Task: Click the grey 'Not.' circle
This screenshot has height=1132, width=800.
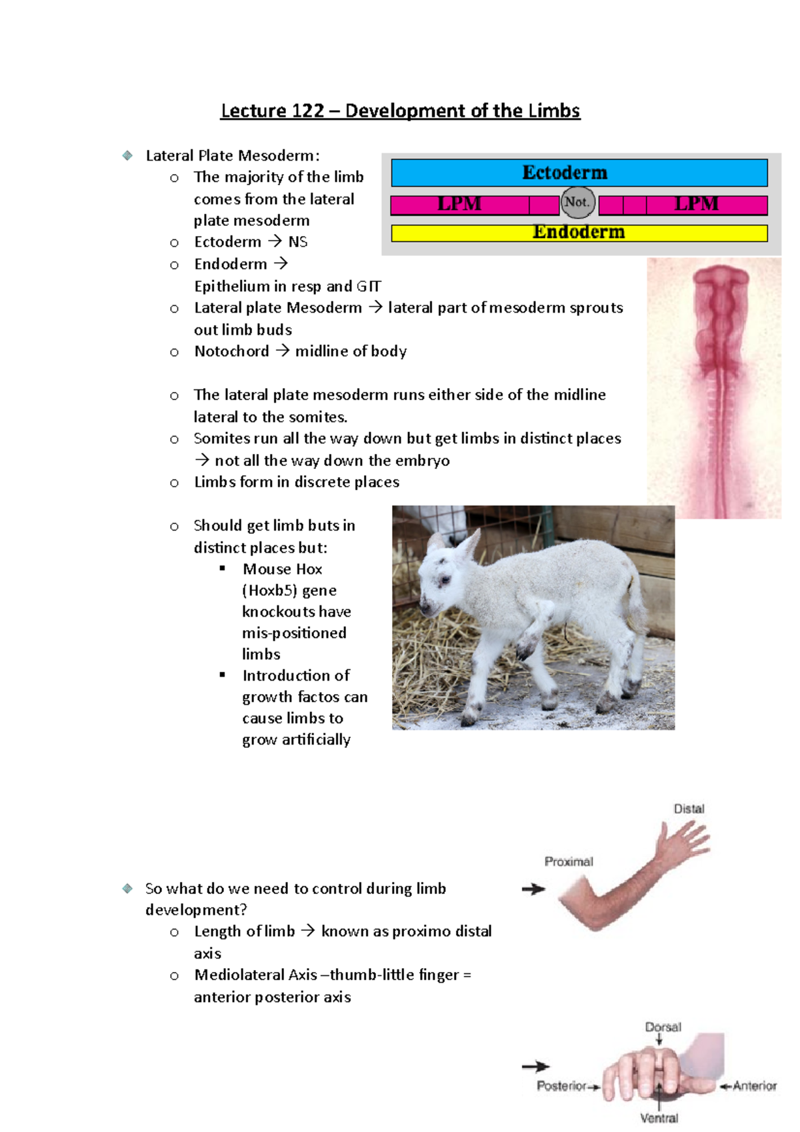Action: point(577,202)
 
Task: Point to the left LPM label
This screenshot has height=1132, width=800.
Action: point(459,204)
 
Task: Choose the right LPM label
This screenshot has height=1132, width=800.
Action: point(696,204)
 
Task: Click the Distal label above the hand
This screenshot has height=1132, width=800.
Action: point(689,809)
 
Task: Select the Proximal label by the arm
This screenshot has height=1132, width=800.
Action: point(569,861)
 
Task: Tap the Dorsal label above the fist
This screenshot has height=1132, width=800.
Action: point(663,1027)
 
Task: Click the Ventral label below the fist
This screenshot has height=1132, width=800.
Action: point(659,1118)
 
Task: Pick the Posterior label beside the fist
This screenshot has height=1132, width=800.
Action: point(561,1086)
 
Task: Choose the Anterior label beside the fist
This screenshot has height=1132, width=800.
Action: point(755,1086)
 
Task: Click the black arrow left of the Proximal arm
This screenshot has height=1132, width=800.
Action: point(533,889)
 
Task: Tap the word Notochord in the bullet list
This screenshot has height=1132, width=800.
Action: point(231,351)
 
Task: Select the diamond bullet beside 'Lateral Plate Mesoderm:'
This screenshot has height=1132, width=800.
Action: point(127,155)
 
